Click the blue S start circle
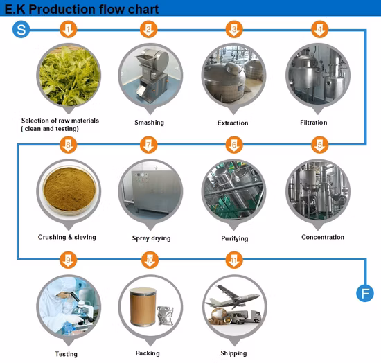(x=21, y=30)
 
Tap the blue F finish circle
(x=364, y=293)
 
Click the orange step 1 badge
(x=67, y=30)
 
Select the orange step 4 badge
(x=319, y=30)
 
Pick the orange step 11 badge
(x=233, y=260)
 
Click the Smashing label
(x=149, y=123)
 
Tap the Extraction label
(x=233, y=123)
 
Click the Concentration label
(x=323, y=238)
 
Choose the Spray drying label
(x=149, y=238)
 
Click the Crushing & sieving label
(x=67, y=238)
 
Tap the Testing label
(x=67, y=354)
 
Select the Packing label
(x=148, y=353)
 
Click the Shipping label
(x=233, y=353)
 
